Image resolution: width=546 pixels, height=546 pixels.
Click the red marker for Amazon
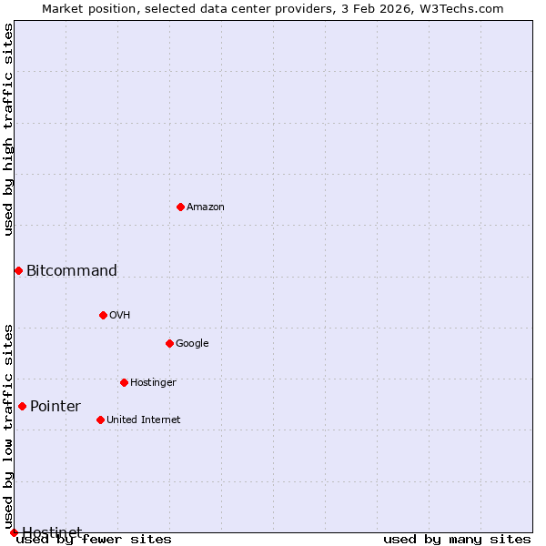180,207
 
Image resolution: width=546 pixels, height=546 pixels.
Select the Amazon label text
206,207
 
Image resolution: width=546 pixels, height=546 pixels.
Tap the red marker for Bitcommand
18,270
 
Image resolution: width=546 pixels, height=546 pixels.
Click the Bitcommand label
72,270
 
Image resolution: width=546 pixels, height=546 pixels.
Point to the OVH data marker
103,315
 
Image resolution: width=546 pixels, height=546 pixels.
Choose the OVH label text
120,316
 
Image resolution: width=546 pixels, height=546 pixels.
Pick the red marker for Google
169,343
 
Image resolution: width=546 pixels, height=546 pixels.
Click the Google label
192,344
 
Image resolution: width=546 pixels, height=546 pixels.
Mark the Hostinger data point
124,382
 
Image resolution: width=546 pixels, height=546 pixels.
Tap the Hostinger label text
153,383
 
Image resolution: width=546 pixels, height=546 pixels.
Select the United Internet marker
100,420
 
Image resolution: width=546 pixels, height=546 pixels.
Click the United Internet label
144,420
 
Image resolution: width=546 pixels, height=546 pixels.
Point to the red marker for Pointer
22,406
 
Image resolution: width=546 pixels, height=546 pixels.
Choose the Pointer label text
56,407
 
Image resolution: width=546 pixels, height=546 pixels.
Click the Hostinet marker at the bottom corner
14,532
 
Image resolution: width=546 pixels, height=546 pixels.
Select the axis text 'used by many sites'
457,540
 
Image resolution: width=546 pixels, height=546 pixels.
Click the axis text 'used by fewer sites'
95,540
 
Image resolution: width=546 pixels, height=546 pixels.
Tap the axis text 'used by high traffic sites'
9,129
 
